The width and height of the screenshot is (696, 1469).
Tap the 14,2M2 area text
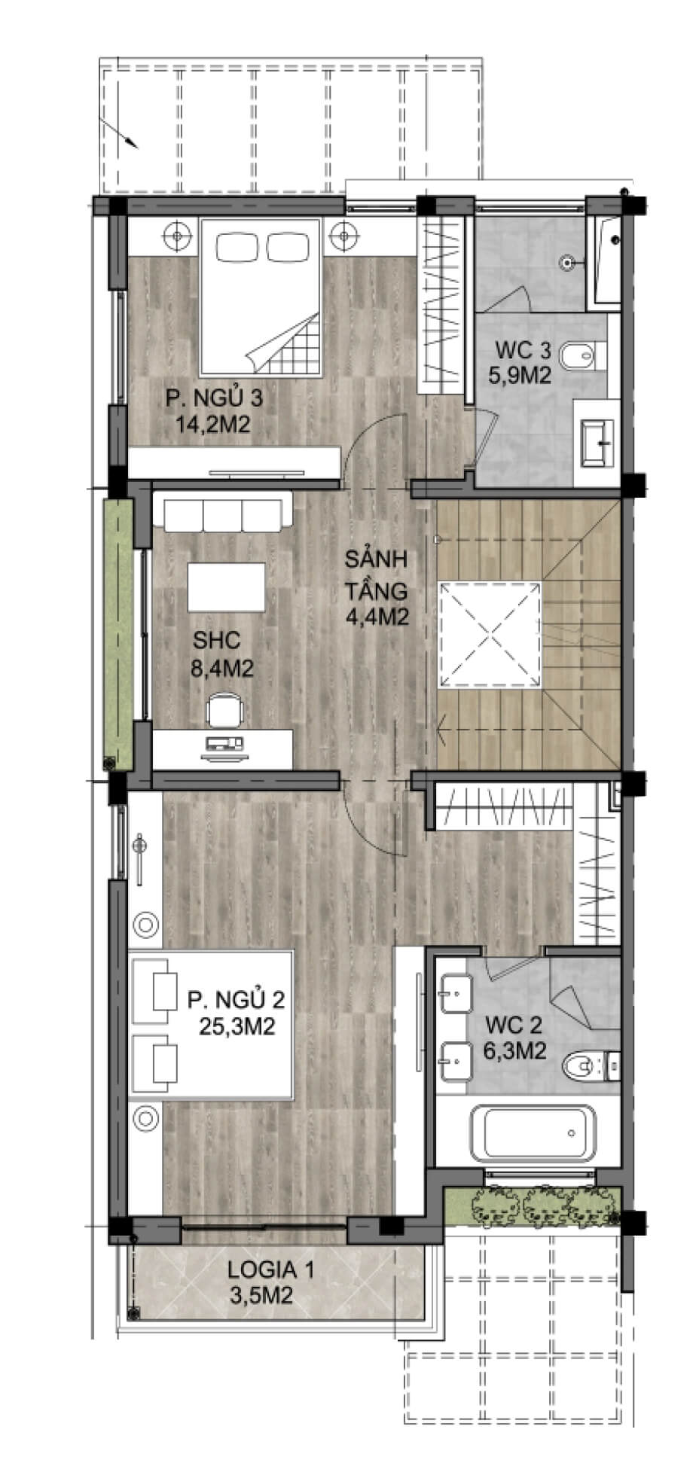click(x=213, y=424)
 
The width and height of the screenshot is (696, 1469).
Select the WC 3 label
click(x=524, y=350)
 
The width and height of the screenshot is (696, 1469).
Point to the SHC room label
click(x=217, y=641)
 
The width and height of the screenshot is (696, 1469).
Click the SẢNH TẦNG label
click(x=377, y=574)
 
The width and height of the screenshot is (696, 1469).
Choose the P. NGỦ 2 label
click(x=236, y=1000)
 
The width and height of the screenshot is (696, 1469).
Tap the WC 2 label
click(x=514, y=1025)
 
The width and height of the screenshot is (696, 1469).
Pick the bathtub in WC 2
click(x=533, y=1133)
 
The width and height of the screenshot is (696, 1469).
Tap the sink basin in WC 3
click(x=599, y=443)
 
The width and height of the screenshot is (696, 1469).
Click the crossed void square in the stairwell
click(x=491, y=634)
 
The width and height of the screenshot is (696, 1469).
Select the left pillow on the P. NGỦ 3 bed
click(x=239, y=245)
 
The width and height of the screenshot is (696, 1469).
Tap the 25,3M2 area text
click(x=236, y=1026)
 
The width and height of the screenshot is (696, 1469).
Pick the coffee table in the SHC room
click(x=226, y=587)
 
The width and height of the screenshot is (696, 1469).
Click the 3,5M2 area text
click(x=261, y=1296)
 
